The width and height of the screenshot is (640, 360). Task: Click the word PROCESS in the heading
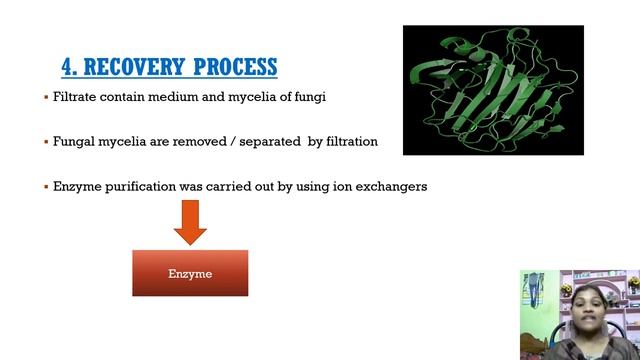point(235,67)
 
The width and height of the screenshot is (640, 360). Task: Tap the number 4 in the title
point(68,67)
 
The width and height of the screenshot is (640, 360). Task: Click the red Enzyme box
point(190,273)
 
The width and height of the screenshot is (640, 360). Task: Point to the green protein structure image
point(492,90)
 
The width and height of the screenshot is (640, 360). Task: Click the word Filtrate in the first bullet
point(75,97)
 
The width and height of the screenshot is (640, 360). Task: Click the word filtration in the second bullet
point(348,142)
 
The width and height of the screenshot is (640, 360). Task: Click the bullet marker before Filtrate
point(46,97)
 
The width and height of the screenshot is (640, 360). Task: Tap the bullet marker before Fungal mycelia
point(46,142)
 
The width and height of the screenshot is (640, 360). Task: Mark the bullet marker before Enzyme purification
point(46,187)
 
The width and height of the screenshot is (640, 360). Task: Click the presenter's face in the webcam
point(580,301)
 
